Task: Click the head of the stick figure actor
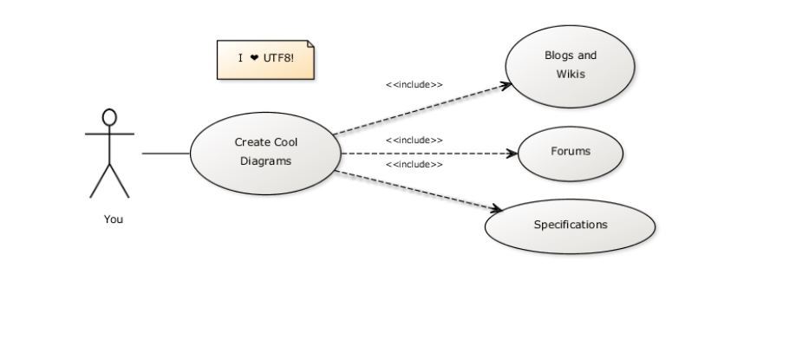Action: click(x=109, y=117)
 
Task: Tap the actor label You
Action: click(x=114, y=219)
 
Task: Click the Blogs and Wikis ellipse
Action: click(x=571, y=64)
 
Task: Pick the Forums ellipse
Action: click(x=571, y=152)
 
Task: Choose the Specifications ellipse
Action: click(x=570, y=226)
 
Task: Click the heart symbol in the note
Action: click(x=254, y=58)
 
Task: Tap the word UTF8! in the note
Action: click(x=278, y=58)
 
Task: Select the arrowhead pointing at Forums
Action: click(x=512, y=154)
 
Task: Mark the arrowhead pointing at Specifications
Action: click(x=497, y=209)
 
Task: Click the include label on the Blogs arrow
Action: click(x=414, y=85)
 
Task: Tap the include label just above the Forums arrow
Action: click(x=414, y=141)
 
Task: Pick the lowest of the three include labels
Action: click(x=414, y=165)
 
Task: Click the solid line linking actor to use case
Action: click(x=166, y=154)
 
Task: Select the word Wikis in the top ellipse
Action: click(x=571, y=74)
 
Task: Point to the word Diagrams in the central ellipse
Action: click(x=265, y=160)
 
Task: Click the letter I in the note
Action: click(x=240, y=58)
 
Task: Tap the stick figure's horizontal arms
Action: click(x=109, y=134)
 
